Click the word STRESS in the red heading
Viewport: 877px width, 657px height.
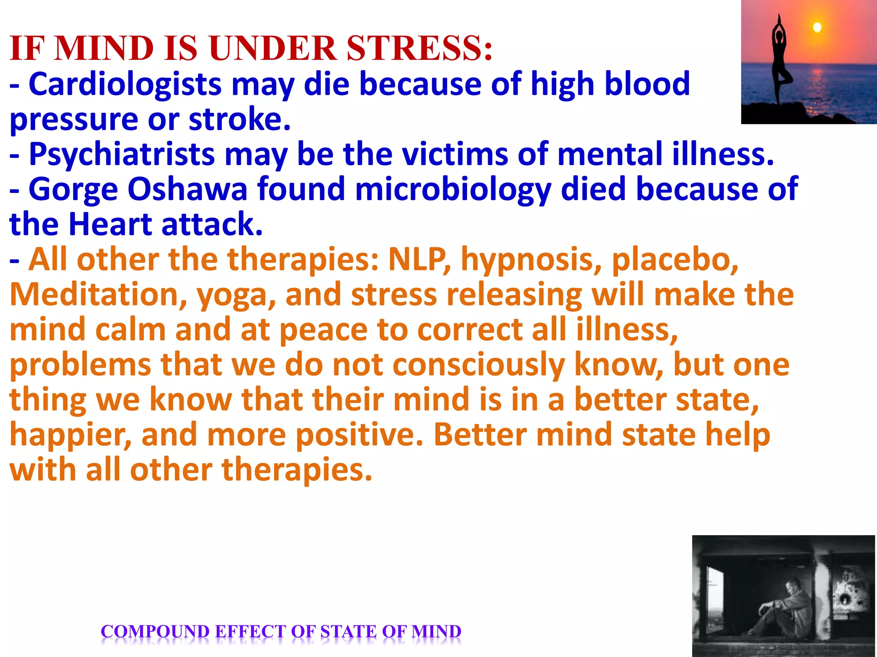tap(419, 48)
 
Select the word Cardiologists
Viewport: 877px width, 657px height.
tap(125, 84)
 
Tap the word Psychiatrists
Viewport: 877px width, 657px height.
tap(122, 154)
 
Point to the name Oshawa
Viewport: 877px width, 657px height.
tap(187, 189)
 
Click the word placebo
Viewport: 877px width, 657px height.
tap(675, 260)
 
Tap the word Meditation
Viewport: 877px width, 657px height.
tap(98, 295)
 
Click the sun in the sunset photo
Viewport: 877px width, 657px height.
tap(817, 27)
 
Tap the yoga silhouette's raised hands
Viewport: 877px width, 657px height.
tap(779, 20)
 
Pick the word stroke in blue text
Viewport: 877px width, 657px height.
tap(240, 119)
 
